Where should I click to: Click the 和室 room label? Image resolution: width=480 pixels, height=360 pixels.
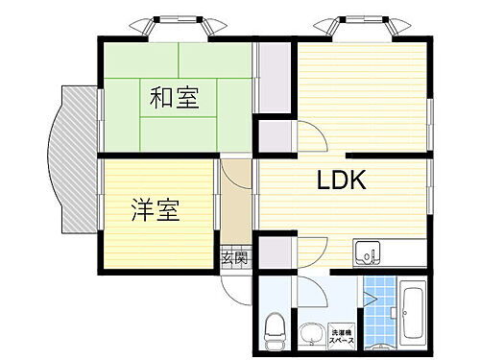(x=174, y=97)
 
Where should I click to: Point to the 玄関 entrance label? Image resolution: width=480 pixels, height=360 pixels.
(x=235, y=258)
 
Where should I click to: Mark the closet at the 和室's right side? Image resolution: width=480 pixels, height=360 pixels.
(x=272, y=81)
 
